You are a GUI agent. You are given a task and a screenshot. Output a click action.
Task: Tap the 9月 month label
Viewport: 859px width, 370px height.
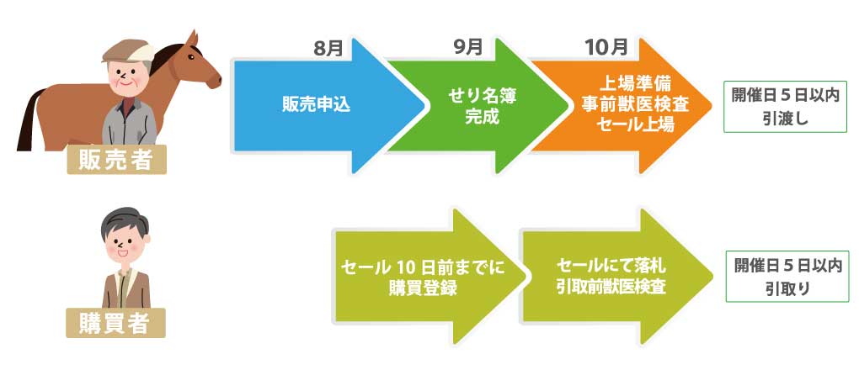point(468,47)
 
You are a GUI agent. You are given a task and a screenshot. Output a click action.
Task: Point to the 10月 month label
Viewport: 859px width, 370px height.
point(606,47)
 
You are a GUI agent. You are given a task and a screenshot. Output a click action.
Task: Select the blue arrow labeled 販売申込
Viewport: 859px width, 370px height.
point(328,106)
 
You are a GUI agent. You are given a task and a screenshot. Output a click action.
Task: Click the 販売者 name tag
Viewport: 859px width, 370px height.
point(116,159)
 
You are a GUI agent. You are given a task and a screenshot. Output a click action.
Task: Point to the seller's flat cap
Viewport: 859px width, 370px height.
point(129,51)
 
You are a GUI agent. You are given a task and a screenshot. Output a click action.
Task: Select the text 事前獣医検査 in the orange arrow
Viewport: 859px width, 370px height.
point(635,105)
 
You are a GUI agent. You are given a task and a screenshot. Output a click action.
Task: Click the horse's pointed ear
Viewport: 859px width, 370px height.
point(192,40)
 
